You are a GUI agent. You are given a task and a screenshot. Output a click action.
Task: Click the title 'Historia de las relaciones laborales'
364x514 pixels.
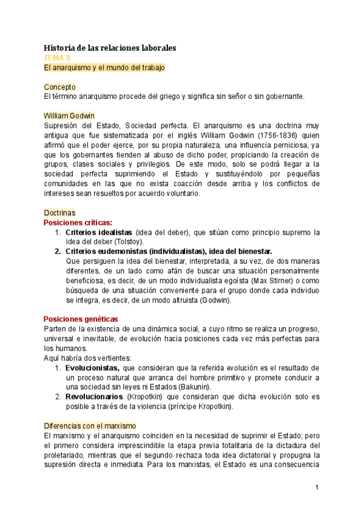pyautogui.click(x=110, y=47)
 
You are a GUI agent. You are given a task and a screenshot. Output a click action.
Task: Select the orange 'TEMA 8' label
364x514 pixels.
pyautogui.click(x=58, y=58)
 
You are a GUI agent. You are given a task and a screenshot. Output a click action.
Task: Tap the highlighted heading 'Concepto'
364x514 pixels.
pyautogui.click(x=59, y=87)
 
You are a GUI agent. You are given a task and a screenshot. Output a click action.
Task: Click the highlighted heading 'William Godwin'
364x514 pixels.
pyautogui.click(x=69, y=116)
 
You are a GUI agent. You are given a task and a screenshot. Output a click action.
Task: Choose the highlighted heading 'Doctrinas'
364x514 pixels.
pyautogui.click(x=59, y=213)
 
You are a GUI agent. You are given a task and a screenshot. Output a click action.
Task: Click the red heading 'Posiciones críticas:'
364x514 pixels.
pyautogui.click(x=78, y=222)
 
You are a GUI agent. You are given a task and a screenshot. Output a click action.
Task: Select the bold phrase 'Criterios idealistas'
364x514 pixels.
pyautogui.click(x=98, y=232)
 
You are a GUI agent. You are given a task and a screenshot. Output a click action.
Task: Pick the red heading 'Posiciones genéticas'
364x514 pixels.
pyautogui.click(x=80, y=319)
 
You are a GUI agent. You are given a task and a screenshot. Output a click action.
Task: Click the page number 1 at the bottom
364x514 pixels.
pyautogui.click(x=317, y=487)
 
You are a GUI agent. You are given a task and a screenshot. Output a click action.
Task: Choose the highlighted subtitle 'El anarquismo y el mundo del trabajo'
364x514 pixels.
pyautogui.click(x=104, y=67)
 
